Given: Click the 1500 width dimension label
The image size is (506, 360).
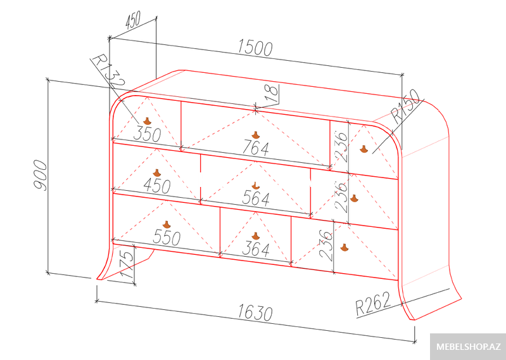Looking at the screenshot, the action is coord(255,48).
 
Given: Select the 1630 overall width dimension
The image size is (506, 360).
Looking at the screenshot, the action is coord(255,313).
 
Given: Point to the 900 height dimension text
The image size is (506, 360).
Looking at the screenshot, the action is coord(41,175).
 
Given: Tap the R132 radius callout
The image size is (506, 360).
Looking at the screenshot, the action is coord(108,71).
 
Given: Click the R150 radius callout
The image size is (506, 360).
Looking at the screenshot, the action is coord(406,106).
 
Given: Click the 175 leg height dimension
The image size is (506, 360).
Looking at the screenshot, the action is coord(128,264).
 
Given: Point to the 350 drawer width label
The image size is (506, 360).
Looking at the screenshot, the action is coord(147,134).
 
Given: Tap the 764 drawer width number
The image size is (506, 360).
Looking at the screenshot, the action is coord(256,148).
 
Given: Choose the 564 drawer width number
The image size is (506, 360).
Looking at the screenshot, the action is coord(256,198).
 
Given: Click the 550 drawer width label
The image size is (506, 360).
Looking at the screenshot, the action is coord(167,238).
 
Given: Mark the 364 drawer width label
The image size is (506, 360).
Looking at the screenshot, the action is coord(256,249).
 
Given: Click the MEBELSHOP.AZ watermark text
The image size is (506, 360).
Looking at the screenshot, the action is coord(469,347).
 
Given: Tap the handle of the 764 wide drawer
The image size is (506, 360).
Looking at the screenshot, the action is coord(256,135).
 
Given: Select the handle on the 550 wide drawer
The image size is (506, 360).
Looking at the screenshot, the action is coord(167,225).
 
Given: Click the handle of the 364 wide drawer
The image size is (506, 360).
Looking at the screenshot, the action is coord(256,236).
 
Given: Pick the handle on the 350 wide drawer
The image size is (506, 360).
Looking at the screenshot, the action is coord(147,121).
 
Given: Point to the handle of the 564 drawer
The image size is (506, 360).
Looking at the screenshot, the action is coord(256,186).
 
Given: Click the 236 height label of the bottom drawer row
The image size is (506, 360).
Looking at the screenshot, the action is coord(326,245).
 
